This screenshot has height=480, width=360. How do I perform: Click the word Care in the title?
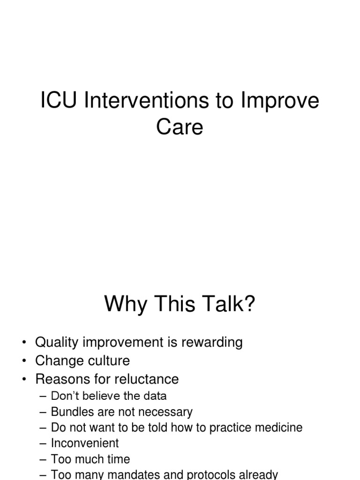click(x=180, y=127)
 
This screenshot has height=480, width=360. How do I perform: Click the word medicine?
click(x=277, y=427)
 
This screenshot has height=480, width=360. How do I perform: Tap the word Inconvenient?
click(x=85, y=443)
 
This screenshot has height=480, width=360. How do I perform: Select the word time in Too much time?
click(x=118, y=459)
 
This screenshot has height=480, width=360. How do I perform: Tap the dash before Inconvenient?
click(x=45, y=443)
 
